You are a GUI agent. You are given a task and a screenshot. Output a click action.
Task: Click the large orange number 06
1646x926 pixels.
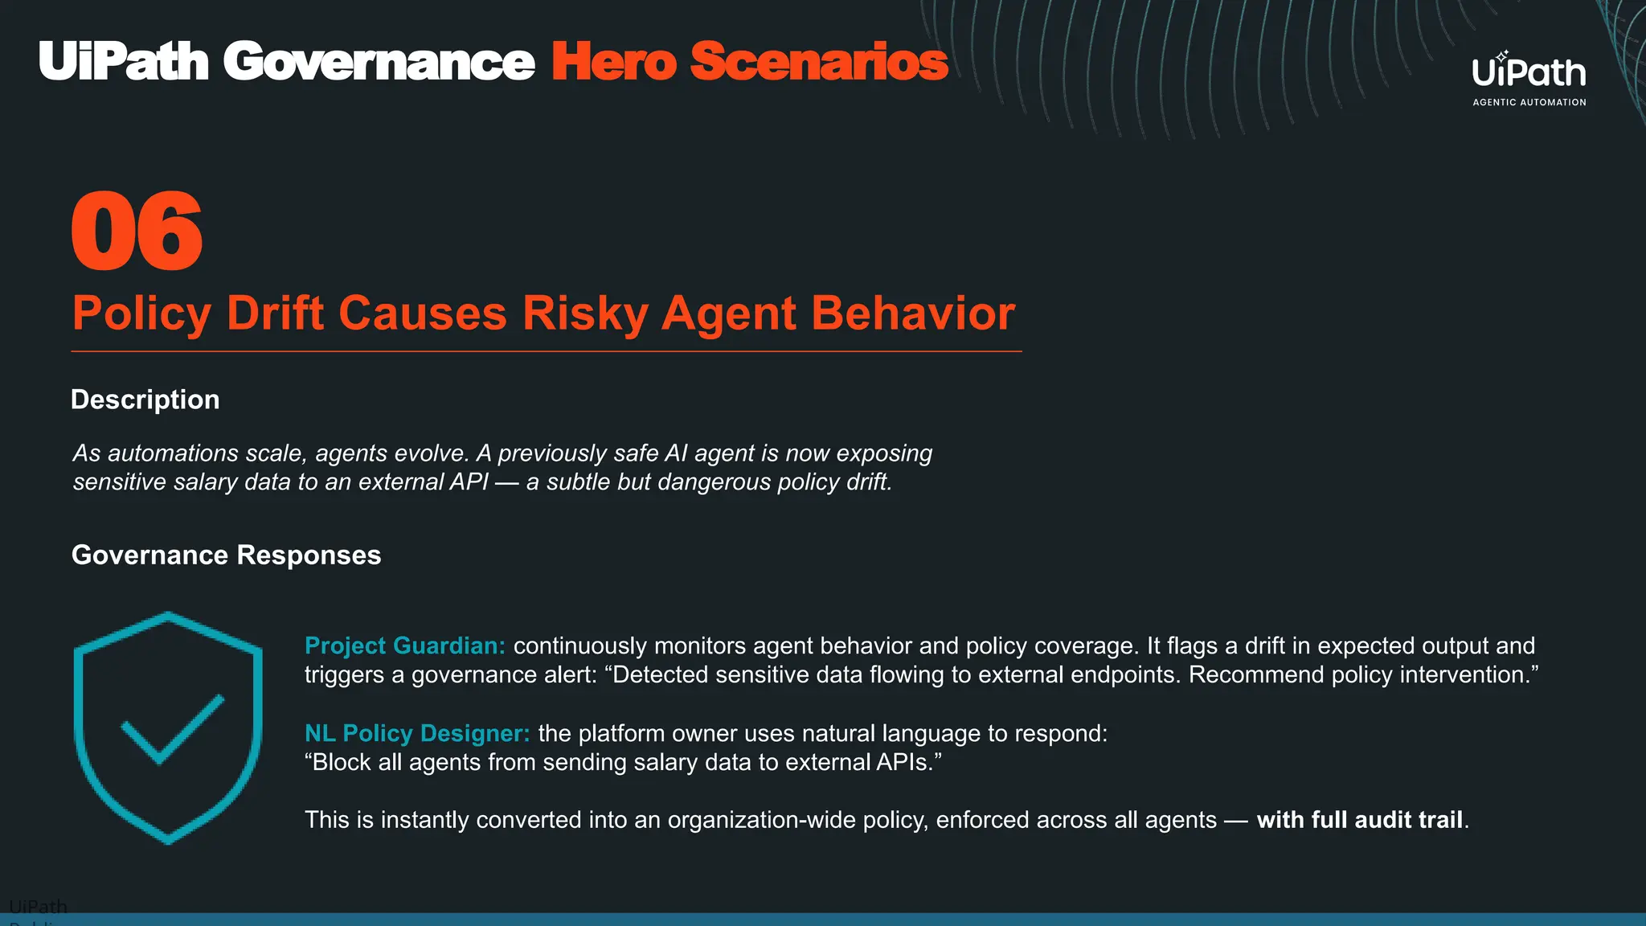pos(137,231)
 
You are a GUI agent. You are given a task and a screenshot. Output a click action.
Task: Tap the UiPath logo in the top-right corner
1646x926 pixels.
pos(1529,72)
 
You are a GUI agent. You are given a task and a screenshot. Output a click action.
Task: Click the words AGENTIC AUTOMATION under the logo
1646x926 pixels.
pos(1529,102)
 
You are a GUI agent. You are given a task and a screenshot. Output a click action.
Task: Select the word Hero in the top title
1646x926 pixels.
pos(614,62)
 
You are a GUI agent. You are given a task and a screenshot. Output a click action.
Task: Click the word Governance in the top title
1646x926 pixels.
pos(379,62)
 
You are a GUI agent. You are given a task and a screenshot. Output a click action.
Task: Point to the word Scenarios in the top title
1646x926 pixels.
pos(819,62)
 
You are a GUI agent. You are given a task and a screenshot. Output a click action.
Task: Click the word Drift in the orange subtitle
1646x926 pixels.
pos(275,313)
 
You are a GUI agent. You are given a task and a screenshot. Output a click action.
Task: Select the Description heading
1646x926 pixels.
pos(145,399)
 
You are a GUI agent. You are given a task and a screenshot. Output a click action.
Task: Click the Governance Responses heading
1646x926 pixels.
pos(226,555)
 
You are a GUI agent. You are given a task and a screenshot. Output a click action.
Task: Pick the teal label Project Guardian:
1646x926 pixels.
pos(404,645)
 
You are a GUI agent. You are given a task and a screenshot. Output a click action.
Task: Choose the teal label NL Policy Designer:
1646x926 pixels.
pos(417,733)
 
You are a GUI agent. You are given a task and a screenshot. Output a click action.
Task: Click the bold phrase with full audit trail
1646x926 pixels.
pos(1360,820)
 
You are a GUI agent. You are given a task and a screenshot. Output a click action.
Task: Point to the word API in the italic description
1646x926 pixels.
pos(468,482)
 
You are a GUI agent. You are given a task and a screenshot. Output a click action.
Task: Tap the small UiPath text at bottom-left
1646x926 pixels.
pos(38,907)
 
